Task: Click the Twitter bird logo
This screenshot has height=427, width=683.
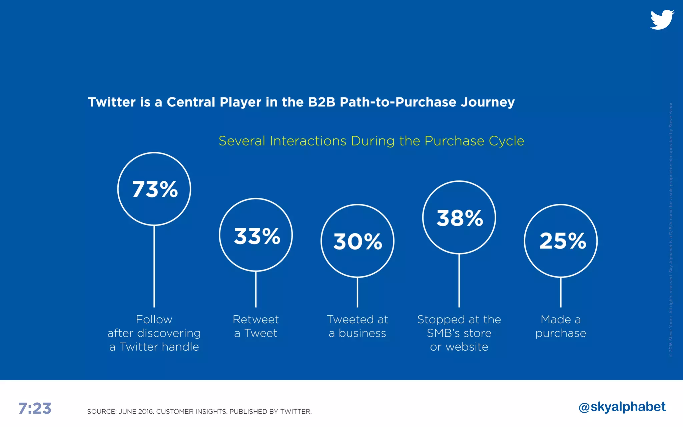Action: pos(662,20)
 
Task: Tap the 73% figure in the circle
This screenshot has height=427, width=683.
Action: pos(155,189)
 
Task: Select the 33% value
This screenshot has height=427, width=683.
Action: pos(257,236)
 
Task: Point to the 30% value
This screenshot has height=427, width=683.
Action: pos(358,242)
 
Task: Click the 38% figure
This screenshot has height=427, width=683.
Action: pos(460,218)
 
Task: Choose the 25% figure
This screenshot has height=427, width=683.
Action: pos(562,241)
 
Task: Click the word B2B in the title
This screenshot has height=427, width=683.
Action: pos(321,102)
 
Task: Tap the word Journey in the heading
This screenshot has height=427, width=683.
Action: pos(488,102)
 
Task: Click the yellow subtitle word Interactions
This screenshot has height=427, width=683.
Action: pos(308,141)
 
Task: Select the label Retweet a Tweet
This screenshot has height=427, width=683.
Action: pos(256,326)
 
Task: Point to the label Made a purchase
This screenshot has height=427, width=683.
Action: pos(561,326)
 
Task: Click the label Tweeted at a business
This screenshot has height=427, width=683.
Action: pos(358,326)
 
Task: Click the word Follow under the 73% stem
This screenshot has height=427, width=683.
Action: pos(154,320)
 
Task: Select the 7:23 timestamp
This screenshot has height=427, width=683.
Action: pos(35,408)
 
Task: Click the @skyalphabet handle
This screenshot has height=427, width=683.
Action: pos(622,407)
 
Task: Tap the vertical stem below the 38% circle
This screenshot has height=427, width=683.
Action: pos(459,280)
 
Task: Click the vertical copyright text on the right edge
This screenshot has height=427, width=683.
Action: pos(671,230)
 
